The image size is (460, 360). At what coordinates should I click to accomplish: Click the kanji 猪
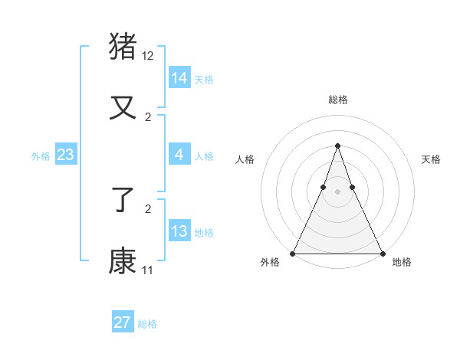pyautogui.click(x=123, y=46)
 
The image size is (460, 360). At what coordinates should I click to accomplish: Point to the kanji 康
pyautogui.click(x=123, y=260)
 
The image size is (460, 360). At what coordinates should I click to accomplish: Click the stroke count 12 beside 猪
pyautogui.click(x=148, y=56)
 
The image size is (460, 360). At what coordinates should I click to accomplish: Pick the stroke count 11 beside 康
pyautogui.click(x=148, y=270)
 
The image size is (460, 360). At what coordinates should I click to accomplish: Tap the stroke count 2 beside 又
pyautogui.click(x=148, y=116)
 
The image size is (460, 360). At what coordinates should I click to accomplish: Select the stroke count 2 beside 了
pyautogui.click(x=148, y=208)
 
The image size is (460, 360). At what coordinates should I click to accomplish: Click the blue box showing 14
pyautogui.click(x=179, y=78)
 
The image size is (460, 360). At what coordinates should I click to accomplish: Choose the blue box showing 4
pyautogui.click(x=179, y=155)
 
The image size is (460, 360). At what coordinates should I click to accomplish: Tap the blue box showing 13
pyautogui.click(x=179, y=231)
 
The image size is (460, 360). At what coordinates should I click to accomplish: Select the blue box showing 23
pyautogui.click(x=65, y=155)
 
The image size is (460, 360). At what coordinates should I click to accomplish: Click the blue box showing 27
pyautogui.click(x=123, y=322)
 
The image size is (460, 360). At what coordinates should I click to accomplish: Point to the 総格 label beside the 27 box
pyautogui.click(x=147, y=324)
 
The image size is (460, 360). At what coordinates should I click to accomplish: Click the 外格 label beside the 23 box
pyautogui.click(x=41, y=156)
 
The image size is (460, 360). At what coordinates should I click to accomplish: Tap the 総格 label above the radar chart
pyautogui.click(x=337, y=100)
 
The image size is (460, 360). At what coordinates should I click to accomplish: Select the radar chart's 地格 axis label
pyautogui.click(x=402, y=263)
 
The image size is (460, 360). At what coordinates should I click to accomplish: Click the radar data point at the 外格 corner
pyautogui.click(x=293, y=254)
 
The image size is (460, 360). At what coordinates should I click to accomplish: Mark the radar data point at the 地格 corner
pyautogui.click(x=382, y=254)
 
